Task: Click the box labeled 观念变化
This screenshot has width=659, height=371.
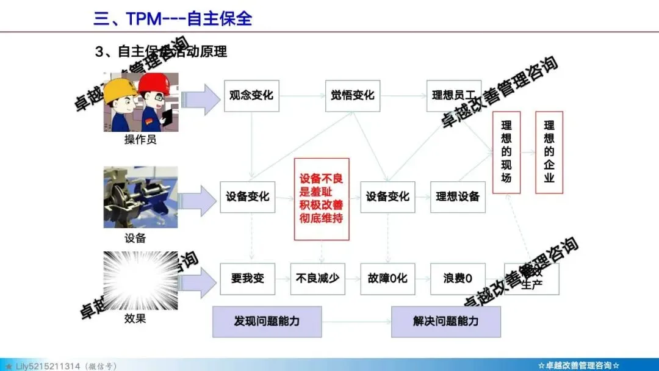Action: point(251,96)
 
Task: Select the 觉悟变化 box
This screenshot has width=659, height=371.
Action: point(353,96)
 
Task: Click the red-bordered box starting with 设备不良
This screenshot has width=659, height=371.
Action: point(322,199)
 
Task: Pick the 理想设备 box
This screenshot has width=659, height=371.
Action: point(458,196)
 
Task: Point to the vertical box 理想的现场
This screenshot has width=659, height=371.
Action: point(506,153)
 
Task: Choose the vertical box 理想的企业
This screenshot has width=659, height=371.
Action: point(549,153)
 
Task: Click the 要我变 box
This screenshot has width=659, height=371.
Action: point(248,279)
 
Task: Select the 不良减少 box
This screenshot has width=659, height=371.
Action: point(317,279)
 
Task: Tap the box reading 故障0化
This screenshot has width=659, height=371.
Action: point(387,279)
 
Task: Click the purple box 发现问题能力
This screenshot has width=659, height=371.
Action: point(267,321)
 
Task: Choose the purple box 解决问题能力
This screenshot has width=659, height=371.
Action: point(445,321)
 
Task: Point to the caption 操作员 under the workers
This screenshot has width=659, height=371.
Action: point(140,140)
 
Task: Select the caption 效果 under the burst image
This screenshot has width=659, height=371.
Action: point(135,318)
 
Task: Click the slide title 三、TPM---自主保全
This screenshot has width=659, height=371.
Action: point(173,18)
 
